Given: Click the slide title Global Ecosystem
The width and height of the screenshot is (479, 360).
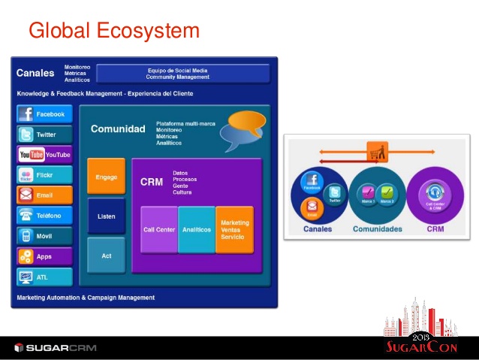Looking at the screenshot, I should pos(114,31).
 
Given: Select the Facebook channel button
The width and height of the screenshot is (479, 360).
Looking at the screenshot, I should pos(44,114).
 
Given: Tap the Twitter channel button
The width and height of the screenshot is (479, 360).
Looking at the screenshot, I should pos(44,135).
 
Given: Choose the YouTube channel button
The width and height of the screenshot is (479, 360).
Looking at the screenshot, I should pos(44,155).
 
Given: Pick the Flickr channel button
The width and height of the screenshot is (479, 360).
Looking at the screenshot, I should pos(44,175).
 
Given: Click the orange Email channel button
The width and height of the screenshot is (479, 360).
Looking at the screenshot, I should pos(44,195).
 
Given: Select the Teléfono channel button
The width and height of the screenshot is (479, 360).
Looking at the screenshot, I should pos(44,216).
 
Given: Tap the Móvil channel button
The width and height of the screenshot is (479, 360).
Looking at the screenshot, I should pos(44,236).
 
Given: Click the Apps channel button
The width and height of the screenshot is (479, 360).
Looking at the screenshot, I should pos(44,256).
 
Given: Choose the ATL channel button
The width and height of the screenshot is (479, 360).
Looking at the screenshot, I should pos(44,277).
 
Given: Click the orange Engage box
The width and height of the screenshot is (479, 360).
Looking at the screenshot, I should pos(106,177).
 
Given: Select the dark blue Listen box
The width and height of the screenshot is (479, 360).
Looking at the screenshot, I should pos(106,216).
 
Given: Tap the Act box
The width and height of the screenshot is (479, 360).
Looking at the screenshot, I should pos(106,256).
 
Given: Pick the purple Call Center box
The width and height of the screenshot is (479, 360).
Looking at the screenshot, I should pos(158,229).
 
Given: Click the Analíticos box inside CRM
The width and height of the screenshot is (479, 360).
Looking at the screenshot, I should pos(197,229).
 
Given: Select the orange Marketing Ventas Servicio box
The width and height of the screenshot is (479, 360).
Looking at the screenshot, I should pos(234,229).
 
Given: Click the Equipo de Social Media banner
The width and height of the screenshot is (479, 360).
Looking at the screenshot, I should pos(182,74).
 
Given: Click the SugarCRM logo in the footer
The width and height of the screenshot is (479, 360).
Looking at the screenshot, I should pos(56,347).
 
